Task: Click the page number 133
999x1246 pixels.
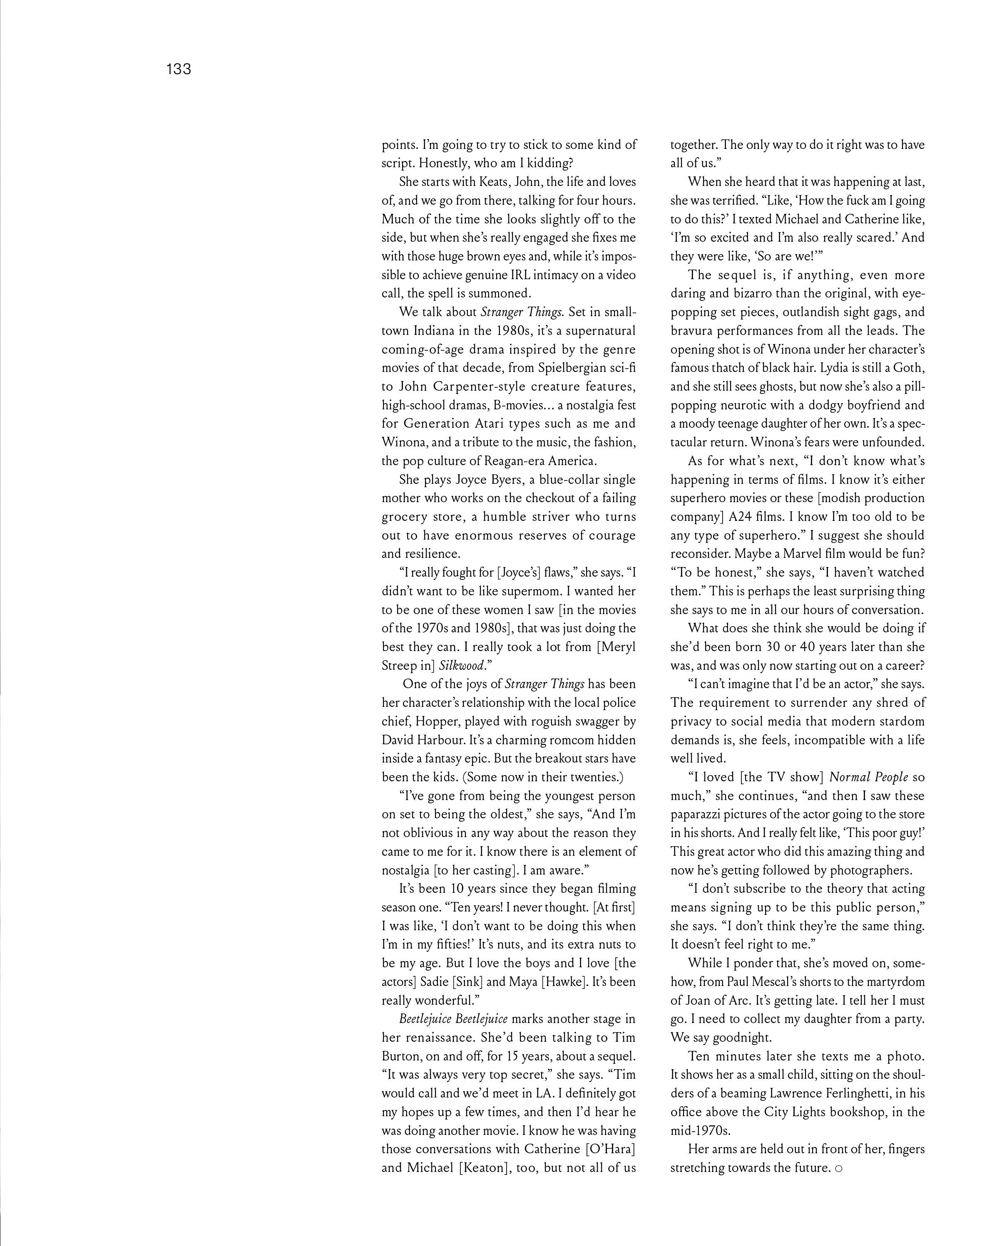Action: (178, 69)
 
